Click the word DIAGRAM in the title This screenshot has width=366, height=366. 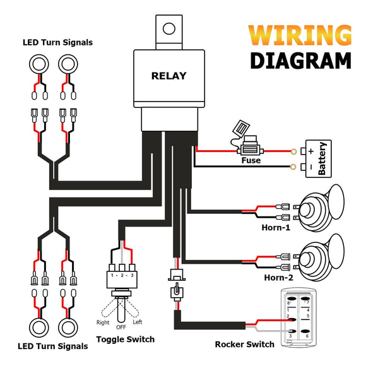tap(300, 61)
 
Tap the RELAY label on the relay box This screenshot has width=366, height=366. tap(168, 76)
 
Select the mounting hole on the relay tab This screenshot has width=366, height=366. tap(168, 28)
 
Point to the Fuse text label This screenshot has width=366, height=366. tap(251, 161)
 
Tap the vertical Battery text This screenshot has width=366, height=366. tap(322, 158)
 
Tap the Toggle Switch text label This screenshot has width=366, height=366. tap(125, 339)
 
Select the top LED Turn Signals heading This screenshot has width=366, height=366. tap(57, 42)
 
